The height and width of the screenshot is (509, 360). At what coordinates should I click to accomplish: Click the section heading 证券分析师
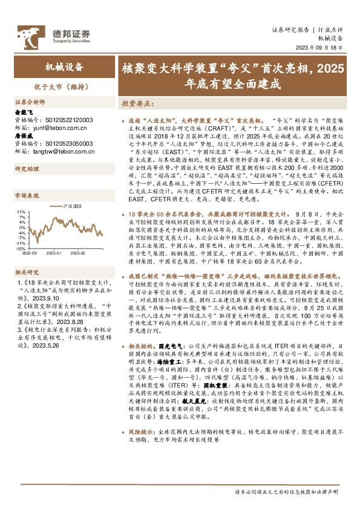30,102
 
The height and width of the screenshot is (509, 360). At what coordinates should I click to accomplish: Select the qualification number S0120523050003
67,144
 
